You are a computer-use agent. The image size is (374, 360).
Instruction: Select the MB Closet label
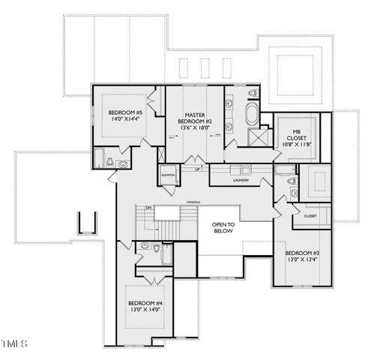tap(296, 135)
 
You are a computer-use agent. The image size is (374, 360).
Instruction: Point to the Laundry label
tap(241, 181)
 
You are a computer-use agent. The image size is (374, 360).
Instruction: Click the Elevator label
tap(168, 175)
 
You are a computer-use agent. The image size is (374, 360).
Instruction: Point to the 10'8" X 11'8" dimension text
tap(296, 143)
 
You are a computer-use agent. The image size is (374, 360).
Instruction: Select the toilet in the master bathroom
tap(252, 94)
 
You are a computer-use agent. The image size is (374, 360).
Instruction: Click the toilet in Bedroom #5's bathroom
tap(110, 162)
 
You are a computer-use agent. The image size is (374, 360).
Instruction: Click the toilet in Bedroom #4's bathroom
tap(155, 246)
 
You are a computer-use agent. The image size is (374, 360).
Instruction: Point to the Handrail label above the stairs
tap(193, 201)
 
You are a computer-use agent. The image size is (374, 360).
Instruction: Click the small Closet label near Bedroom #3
tap(310, 216)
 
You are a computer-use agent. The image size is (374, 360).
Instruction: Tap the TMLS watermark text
tap(15, 344)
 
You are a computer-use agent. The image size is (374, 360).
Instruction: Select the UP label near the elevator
tap(197, 169)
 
